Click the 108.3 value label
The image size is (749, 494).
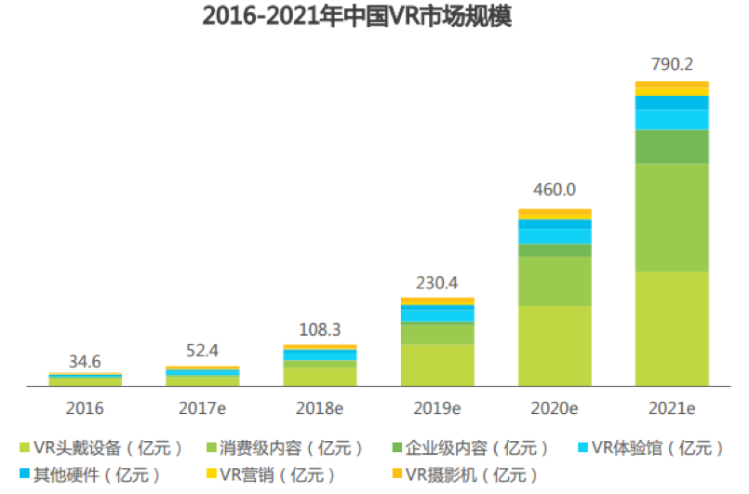[319, 329]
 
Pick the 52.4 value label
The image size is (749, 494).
[202, 351]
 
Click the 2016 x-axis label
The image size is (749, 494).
[85, 407]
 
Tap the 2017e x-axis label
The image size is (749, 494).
[202, 407]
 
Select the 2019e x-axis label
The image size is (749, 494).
[436, 407]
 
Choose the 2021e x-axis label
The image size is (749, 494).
[672, 407]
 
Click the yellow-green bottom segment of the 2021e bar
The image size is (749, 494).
[672, 328]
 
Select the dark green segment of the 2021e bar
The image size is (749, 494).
[672, 147]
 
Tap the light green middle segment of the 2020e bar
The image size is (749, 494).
[555, 281]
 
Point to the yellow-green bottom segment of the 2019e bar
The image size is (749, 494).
[436, 365]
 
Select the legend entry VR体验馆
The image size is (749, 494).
[652, 447]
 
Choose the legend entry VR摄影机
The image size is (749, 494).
[465, 474]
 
